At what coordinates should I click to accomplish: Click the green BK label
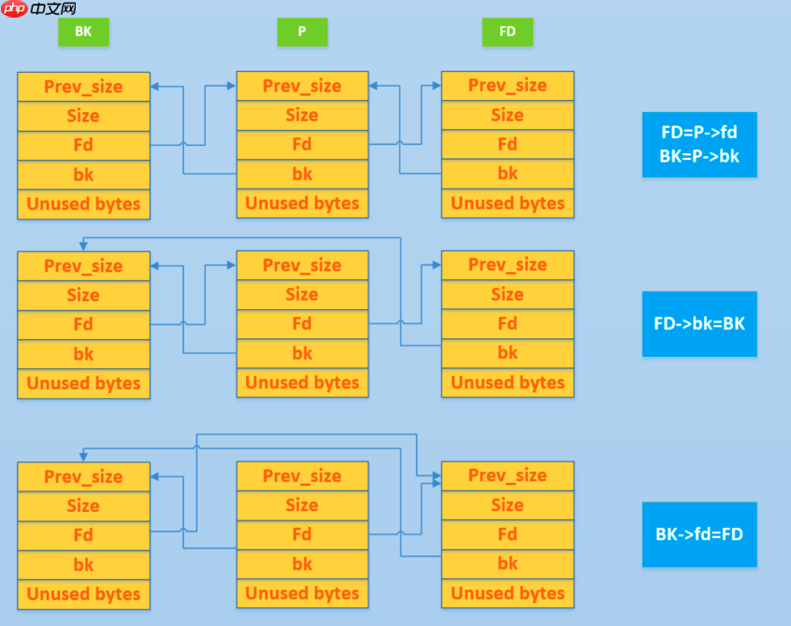[83, 32]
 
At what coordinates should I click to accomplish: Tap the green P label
[302, 32]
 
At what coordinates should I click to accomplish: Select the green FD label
[507, 32]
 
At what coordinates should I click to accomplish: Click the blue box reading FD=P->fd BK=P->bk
[699, 144]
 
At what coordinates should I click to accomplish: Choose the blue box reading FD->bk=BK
[699, 323]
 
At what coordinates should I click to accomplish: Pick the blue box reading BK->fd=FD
[699, 534]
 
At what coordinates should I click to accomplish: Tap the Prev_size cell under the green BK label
[83, 87]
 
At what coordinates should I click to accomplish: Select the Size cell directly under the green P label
[302, 115]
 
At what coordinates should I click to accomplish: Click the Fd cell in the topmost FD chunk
[508, 144]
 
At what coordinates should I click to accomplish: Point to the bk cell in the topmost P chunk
[302, 174]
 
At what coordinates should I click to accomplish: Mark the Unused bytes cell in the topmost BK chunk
[83, 204]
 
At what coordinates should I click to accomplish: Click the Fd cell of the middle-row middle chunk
[302, 323]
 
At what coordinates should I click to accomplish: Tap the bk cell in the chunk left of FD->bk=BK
[508, 352]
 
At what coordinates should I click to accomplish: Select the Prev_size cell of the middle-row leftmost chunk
[83, 266]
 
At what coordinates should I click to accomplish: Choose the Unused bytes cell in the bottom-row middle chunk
[302, 593]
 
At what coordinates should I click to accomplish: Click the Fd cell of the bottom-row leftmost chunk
[83, 535]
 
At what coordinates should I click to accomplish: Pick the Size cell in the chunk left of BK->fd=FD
[508, 505]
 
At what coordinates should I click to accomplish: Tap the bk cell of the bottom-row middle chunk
[302, 564]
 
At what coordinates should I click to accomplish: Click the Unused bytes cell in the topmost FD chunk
[508, 203]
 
